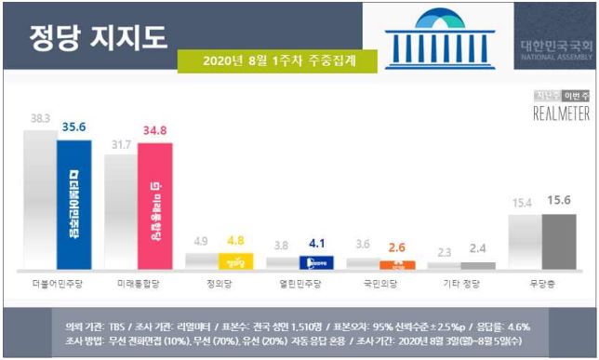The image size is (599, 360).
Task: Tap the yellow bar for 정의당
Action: click(x=235, y=261)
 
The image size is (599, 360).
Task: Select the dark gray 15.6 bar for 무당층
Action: click(x=559, y=241)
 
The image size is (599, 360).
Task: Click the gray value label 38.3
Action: click(x=40, y=119)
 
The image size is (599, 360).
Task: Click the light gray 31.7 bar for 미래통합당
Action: click(x=120, y=211)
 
